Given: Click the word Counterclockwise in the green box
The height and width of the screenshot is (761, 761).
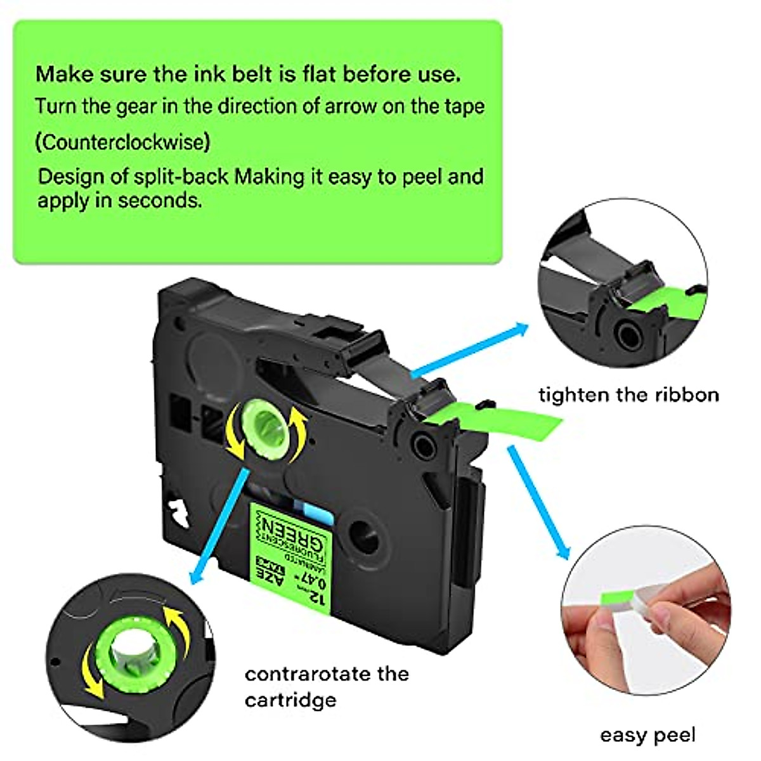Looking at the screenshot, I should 122,141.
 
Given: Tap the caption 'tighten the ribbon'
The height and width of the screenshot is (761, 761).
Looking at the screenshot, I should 628,395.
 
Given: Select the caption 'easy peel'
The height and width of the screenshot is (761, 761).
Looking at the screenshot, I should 647,736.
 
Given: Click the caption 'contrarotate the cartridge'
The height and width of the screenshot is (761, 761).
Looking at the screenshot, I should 326,686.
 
